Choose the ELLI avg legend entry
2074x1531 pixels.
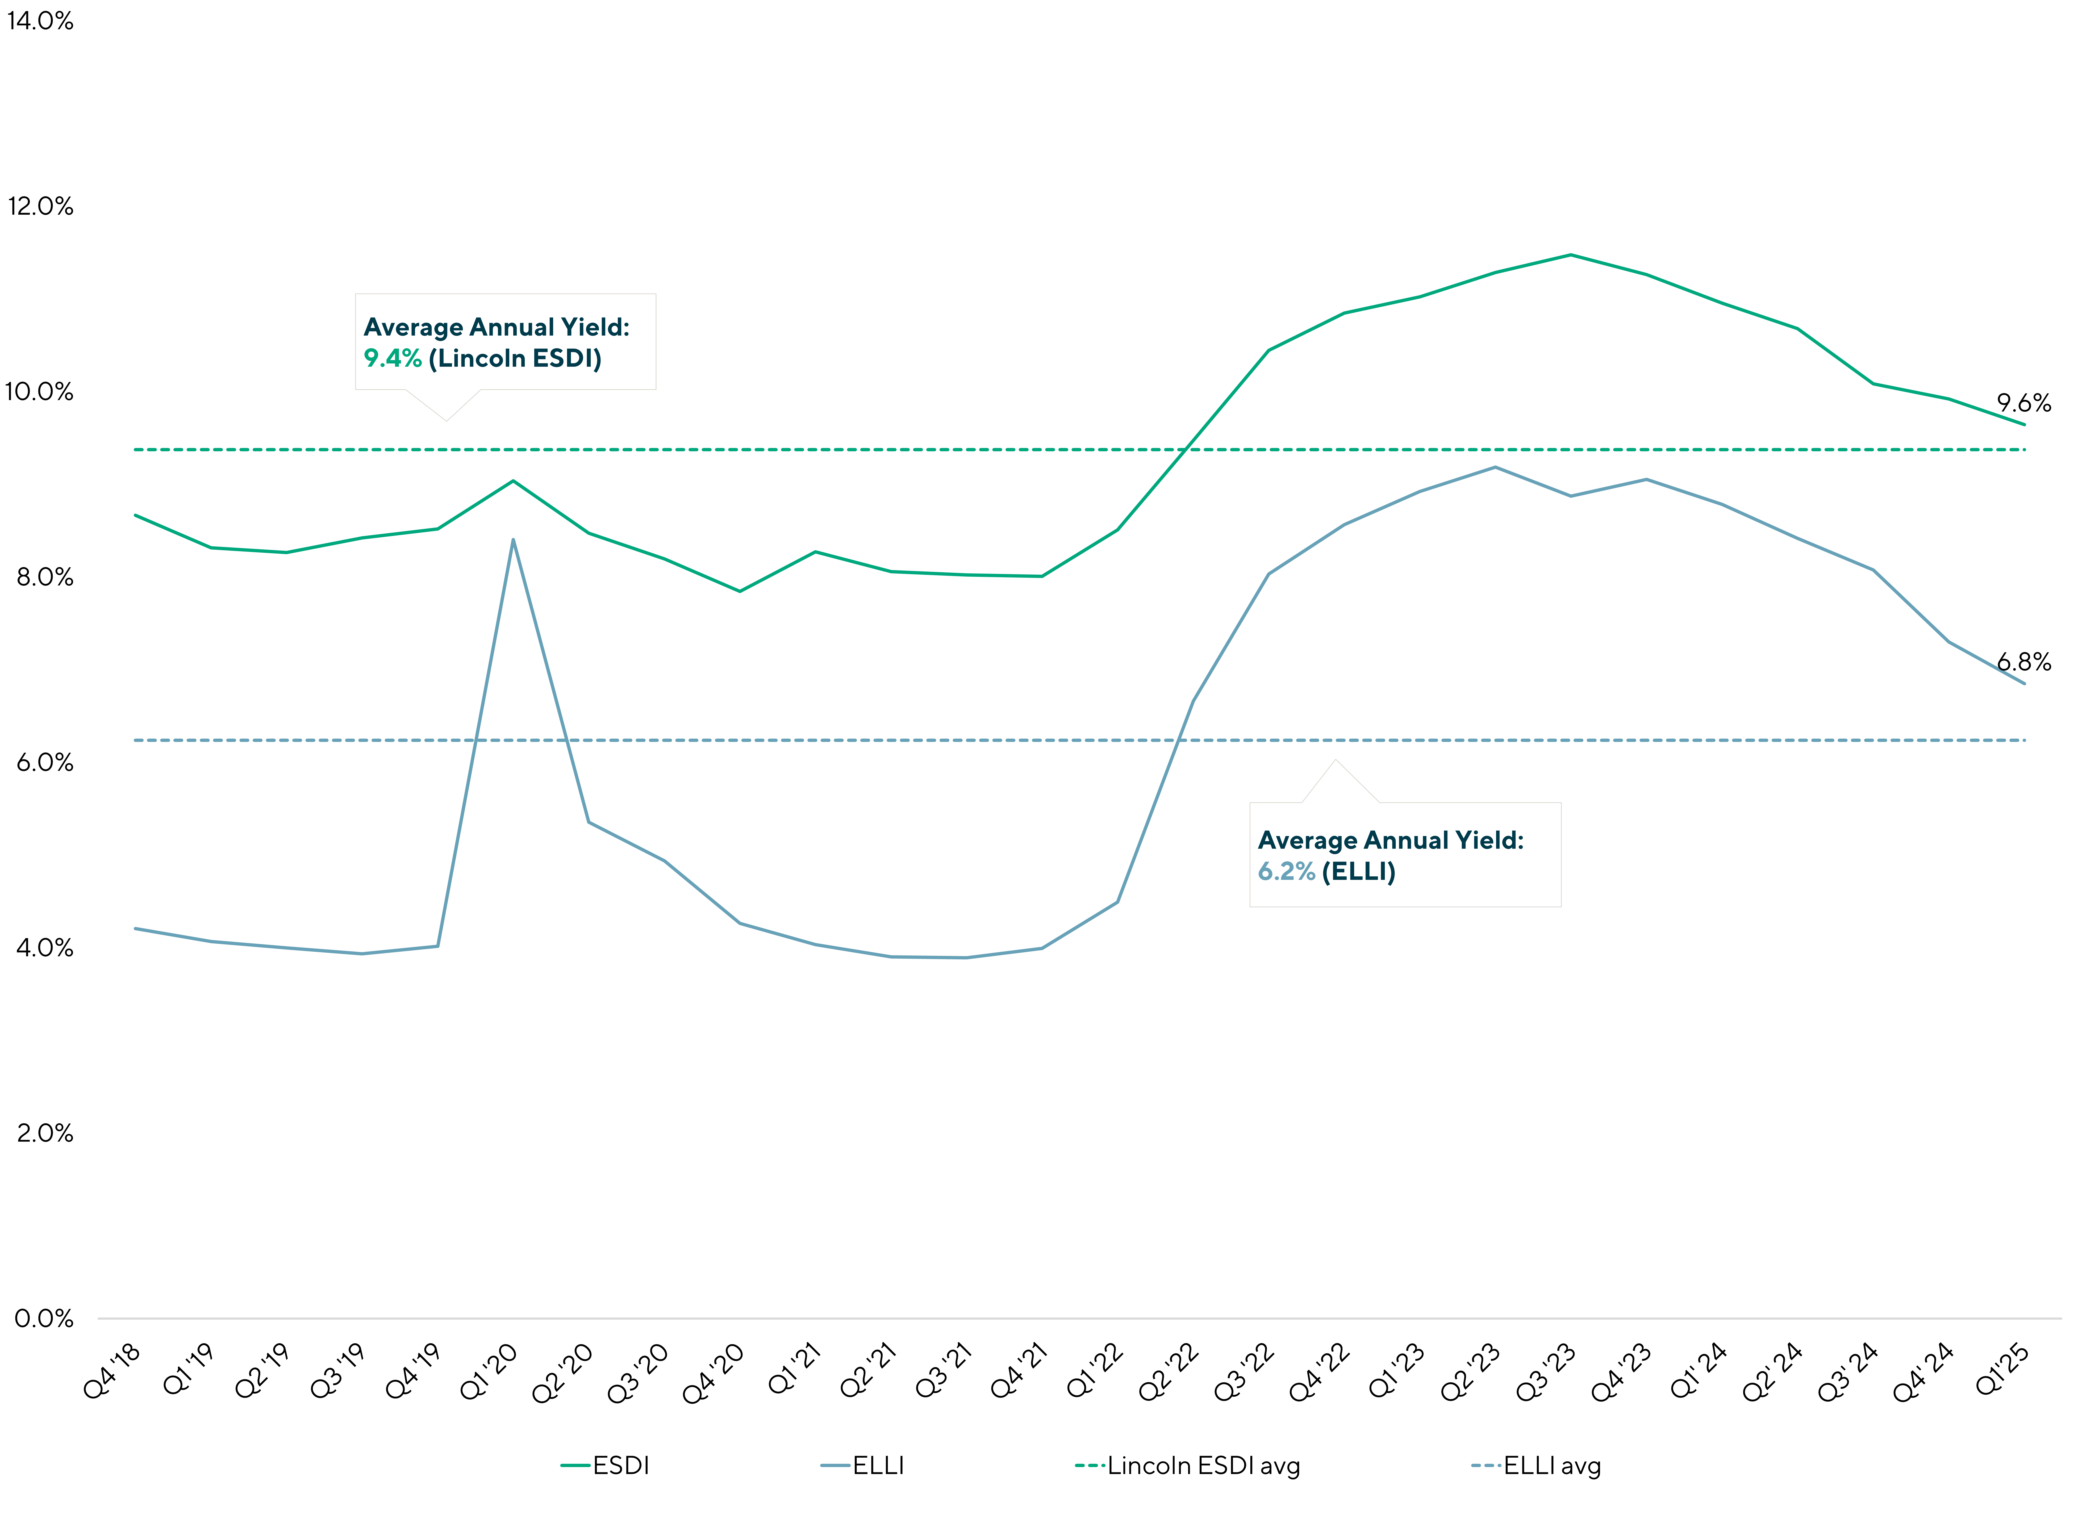click(1536, 1465)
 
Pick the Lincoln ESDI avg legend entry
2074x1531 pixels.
click(1187, 1465)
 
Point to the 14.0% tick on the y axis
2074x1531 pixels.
click(40, 20)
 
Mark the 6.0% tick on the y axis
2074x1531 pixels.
click(44, 763)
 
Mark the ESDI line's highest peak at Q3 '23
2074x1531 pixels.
click(1570, 255)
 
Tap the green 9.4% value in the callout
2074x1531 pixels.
click(392, 359)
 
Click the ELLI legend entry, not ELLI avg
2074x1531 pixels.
click(862, 1465)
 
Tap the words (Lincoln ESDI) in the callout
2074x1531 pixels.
click(515, 359)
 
